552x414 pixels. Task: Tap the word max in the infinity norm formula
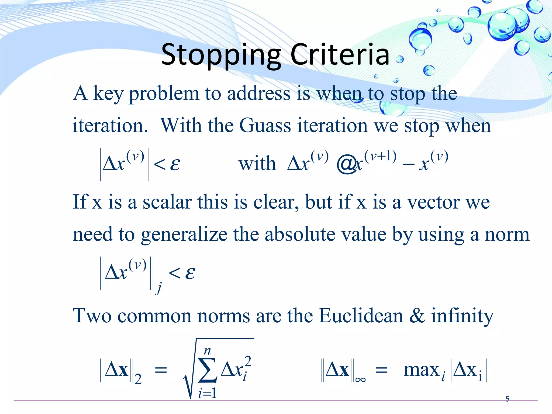(x=421, y=370)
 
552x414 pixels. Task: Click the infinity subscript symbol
(x=360, y=380)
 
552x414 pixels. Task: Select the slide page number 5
(x=507, y=399)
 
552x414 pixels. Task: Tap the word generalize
(x=184, y=234)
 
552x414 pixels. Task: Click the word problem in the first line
(x=164, y=94)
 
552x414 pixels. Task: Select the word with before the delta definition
(x=257, y=164)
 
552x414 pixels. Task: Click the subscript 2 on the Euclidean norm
(x=138, y=379)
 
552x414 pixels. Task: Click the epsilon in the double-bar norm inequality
(x=190, y=273)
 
